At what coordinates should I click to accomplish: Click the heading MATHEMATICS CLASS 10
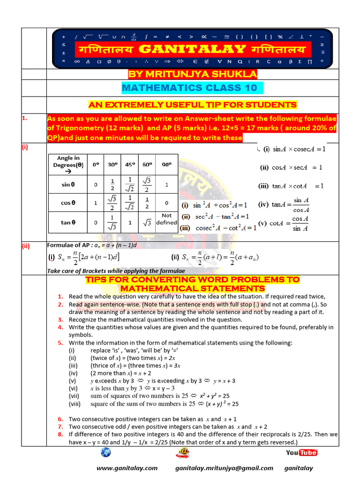click(x=189, y=88)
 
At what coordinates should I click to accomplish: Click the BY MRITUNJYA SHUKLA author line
click(x=193, y=75)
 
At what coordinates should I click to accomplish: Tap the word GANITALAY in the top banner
click(x=192, y=49)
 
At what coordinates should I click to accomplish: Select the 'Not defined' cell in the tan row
click(x=166, y=219)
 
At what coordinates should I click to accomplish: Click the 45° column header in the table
click(x=130, y=165)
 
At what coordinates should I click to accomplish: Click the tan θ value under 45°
click(x=130, y=223)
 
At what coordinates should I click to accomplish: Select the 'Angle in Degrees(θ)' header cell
click(x=68, y=165)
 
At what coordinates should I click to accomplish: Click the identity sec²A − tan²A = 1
click(x=215, y=217)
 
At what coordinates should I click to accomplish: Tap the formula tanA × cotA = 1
click(x=291, y=186)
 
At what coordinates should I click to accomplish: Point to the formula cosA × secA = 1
click(x=291, y=167)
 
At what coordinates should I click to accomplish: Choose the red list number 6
click(x=60, y=419)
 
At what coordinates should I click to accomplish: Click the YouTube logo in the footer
click(x=301, y=452)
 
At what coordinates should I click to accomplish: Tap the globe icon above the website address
click(x=105, y=453)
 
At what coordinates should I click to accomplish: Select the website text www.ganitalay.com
click(x=127, y=468)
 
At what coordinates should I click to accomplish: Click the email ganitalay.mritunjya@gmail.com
click(x=224, y=468)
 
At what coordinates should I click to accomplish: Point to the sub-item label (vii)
click(x=74, y=396)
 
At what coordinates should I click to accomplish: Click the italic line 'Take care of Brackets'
click(x=116, y=271)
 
